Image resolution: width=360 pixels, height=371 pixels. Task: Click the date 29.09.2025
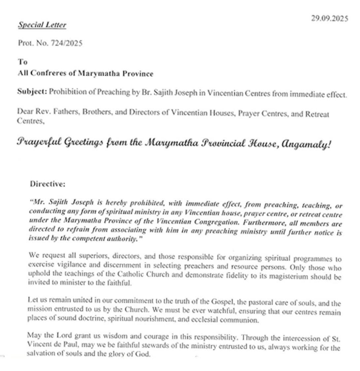click(329, 18)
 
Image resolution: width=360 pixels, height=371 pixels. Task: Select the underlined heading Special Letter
click(42, 25)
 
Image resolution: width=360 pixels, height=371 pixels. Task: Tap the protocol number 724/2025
click(66, 44)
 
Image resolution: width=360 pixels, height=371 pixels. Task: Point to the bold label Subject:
click(32, 92)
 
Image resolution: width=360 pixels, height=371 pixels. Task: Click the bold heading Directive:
click(48, 184)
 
